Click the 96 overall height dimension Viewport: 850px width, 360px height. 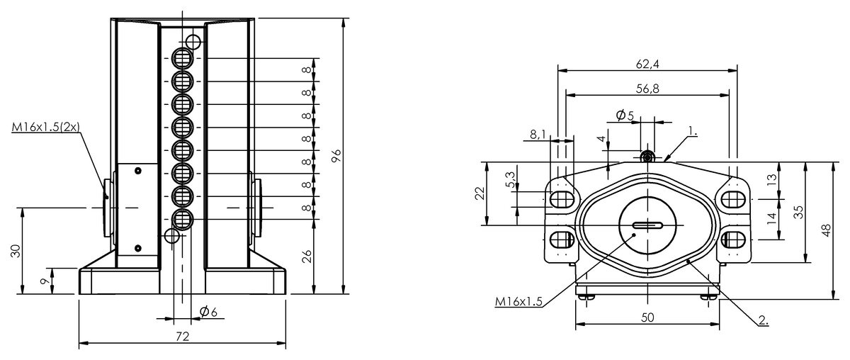336,156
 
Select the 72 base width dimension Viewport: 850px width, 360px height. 183,337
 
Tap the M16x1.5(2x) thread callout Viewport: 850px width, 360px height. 46,127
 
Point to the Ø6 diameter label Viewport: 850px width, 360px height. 208,312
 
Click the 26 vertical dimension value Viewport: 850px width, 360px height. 307,257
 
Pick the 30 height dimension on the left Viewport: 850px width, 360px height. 15,251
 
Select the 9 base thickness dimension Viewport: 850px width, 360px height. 45,281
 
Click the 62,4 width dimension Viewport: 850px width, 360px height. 647,64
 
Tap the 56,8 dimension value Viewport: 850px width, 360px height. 647,89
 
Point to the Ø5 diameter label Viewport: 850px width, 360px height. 625,115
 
